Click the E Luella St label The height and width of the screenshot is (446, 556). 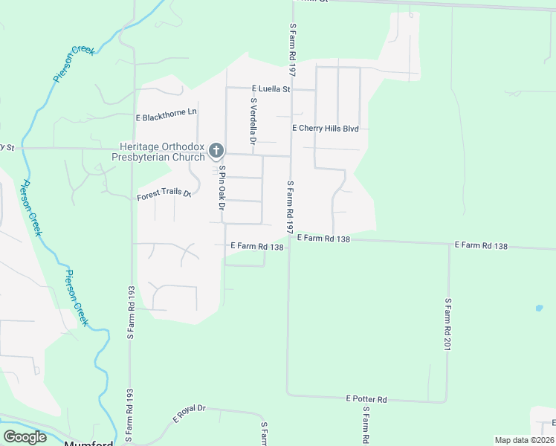click(270, 88)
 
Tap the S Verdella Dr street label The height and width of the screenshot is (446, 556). click(253, 120)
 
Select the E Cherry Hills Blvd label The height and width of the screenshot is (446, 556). click(326, 129)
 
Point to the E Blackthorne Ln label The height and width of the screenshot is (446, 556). click(167, 117)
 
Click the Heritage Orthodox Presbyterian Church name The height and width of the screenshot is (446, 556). click(162, 152)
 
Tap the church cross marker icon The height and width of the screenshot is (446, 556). click(216, 152)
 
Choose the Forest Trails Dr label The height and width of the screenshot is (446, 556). click(164, 196)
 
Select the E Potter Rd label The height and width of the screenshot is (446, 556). click(367, 399)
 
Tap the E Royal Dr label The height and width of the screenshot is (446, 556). click(190, 414)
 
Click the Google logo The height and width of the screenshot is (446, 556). click(25, 437)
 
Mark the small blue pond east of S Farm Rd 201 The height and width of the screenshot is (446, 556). click(537, 307)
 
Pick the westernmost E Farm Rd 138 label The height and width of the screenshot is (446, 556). click(257, 245)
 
